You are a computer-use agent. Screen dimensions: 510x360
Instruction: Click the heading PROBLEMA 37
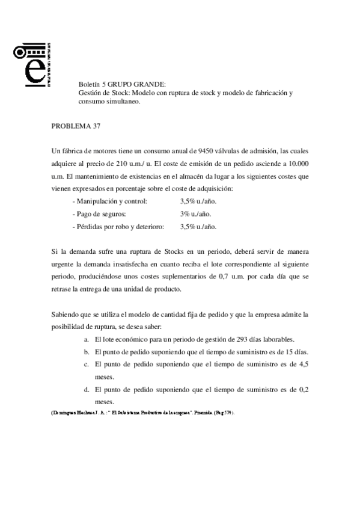pos(76,126)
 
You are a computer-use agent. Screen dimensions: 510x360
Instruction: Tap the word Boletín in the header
pos(90,84)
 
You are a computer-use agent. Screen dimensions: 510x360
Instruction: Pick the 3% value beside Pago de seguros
pos(185,214)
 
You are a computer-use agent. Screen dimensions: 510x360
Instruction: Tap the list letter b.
pos(87,352)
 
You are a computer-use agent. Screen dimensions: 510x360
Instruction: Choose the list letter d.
pos(87,390)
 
